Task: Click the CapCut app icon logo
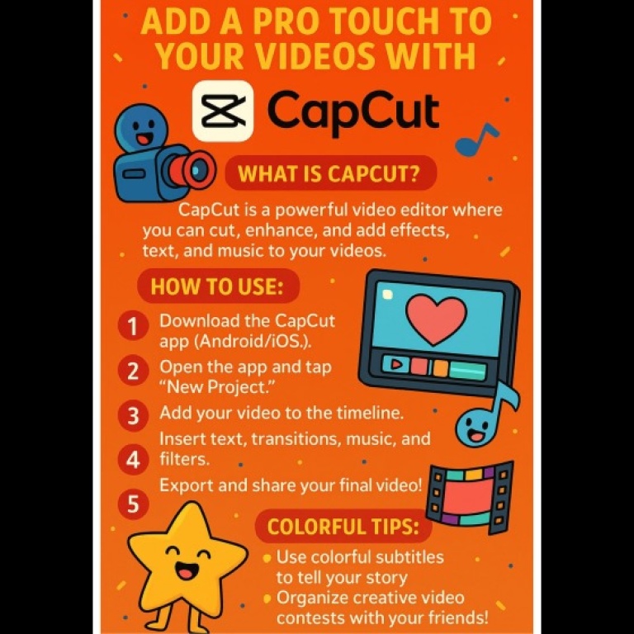[x=223, y=111]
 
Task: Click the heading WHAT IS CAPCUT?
[x=329, y=173]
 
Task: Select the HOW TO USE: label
[x=217, y=286]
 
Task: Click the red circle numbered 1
[x=133, y=326]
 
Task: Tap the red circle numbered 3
[x=133, y=415]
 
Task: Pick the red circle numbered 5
[x=133, y=504]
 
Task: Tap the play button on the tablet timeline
[x=397, y=364]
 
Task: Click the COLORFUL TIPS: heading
[x=343, y=527]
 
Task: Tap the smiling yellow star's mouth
[x=187, y=571]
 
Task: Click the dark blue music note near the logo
[x=476, y=140]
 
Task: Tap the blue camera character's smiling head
[x=141, y=127]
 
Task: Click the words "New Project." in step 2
[x=217, y=387]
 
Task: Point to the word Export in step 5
[x=187, y=485]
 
